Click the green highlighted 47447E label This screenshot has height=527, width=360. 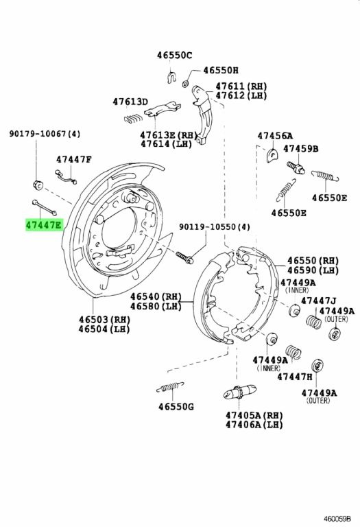[x=44, y=225]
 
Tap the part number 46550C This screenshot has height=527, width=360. [x=175, y=55]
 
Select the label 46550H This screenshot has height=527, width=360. [x=220, y=70]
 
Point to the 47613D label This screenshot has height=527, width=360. [x=130, y=102]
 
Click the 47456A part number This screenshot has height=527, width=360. [x=275, y=136]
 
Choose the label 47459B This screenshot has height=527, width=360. [x=301, y=148]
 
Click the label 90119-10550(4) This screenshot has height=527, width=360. [x=214, y=227]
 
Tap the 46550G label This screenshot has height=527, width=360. [x=176, y=407]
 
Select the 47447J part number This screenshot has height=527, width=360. [x=318, y=301]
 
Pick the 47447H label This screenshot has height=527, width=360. [x=295, y=377]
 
